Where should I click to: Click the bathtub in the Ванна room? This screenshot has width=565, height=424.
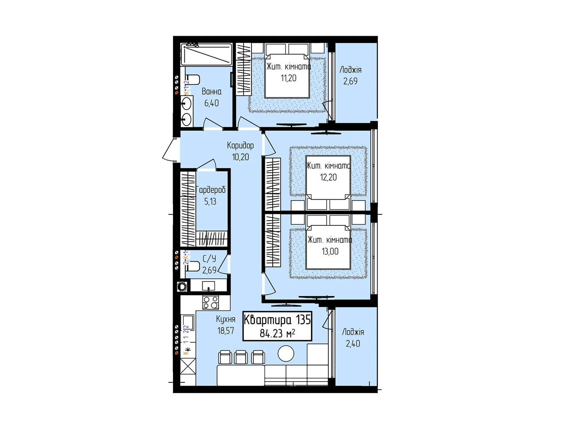coord(207,54)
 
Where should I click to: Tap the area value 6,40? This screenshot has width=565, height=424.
coord(212,103)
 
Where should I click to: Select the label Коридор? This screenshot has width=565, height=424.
coord(240,145)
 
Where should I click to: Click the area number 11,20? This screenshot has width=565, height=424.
coord(289,78)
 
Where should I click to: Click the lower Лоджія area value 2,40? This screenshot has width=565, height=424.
coord(353,343)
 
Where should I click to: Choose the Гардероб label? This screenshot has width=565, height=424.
coord(211,190)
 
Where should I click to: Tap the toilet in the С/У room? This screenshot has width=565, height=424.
coord(192,266)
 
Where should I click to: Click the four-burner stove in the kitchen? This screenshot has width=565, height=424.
coord(210,302)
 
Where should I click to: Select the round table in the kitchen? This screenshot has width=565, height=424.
coord(286,353)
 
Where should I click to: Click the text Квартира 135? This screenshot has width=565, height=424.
coord(277,320)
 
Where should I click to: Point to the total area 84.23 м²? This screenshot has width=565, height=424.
coord(277,333)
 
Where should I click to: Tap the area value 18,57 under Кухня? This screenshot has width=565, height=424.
coord(226,331)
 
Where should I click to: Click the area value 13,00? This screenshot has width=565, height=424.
coord(330,252)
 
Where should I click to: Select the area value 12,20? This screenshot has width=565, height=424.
coord(328,177)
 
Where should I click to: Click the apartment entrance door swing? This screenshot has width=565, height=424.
coord(170,150)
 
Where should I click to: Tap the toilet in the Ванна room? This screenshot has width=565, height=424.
coord(192,79)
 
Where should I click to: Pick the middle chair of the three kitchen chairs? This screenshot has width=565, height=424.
coord(241,357)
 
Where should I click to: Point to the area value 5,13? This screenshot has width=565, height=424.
coord(210,201)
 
